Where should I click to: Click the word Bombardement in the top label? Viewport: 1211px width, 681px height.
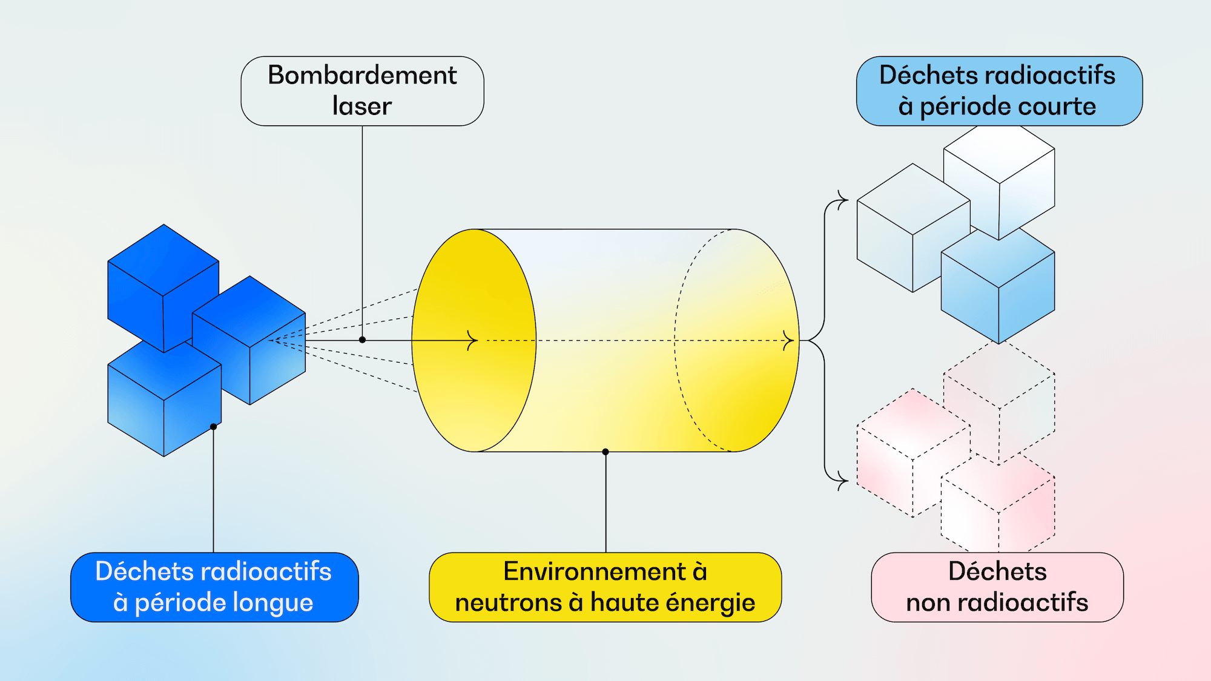pyautogui.click(x=362, y=76)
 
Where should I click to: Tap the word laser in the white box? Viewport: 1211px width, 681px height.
pyautogui.click(x=362, y=107)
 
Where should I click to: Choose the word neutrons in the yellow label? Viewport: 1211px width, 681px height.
pyautogui.click(x=507, y=603)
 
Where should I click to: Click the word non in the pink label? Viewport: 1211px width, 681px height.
pyautogui.click(x=927, y=603)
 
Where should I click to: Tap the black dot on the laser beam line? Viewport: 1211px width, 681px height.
pyautogui.click(x=362, y=340)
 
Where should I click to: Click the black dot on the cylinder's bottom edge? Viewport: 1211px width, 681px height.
pyautogui.click(x=605, y=452)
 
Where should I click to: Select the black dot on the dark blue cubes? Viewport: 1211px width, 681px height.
pyautogui.click(x=213, y=427)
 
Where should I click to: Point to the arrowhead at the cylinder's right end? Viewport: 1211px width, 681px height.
pyautogui.click(x=788, y=340)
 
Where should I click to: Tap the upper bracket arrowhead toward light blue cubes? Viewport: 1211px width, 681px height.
pyautogui.click(x=842, y=199)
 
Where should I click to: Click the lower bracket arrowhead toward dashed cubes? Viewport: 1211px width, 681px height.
pyautogui.click(x=842, y=482)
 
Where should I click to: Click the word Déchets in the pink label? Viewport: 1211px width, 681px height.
pyautogui.click(x=997, y=572)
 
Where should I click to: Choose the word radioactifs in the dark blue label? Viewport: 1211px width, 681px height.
pyautogui.click(x=266, y=572)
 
